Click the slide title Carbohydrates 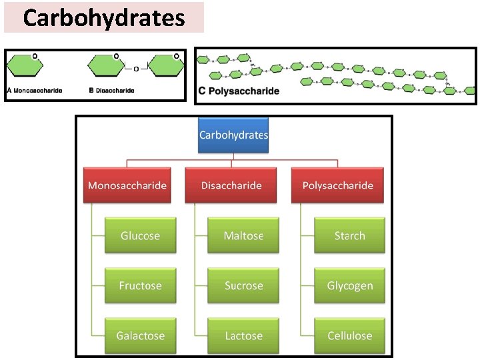103,17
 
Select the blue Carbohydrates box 233,135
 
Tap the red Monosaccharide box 127,185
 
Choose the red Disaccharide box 231,185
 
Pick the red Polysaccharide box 338,185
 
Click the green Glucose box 140,235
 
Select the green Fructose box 140,285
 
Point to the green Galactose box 140,335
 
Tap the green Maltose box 243,235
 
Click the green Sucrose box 243,285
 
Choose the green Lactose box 243,335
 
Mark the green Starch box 349,235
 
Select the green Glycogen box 349,285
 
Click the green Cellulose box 349,335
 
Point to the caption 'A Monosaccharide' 34,90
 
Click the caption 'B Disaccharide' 111,90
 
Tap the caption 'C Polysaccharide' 239,91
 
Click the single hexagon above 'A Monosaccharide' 25,67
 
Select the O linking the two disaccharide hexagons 136,69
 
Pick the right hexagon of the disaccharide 165,67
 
